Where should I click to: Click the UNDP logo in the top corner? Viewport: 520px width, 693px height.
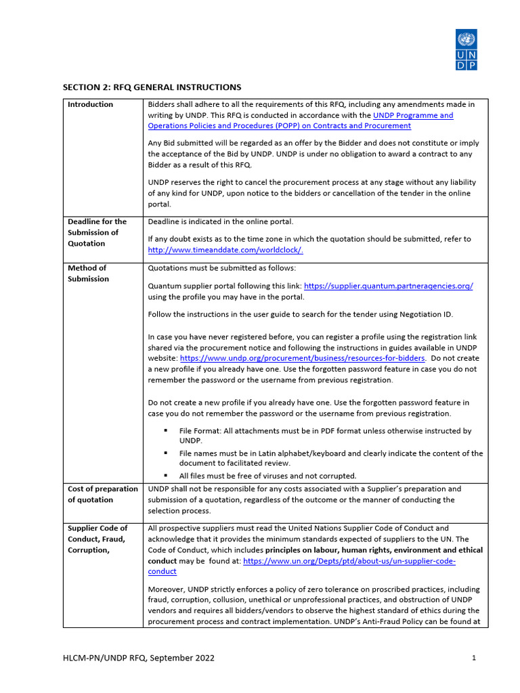(466, 49)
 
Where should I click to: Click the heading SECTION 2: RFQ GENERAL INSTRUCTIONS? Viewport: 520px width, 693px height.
(152, 87)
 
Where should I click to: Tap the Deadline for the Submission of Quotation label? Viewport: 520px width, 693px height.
(97, 232)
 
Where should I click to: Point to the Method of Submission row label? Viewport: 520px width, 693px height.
(88, 273)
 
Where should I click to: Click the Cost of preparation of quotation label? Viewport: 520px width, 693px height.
(102, 494)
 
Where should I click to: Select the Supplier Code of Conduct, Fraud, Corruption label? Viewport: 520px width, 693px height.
(97, 539)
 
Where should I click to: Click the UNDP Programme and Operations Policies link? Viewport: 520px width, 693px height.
(301, 120)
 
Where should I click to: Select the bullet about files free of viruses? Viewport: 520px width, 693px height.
(267, 476)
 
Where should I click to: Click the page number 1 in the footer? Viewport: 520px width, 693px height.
(473, 658)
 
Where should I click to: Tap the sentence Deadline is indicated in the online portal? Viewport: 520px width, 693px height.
(221, 221)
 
